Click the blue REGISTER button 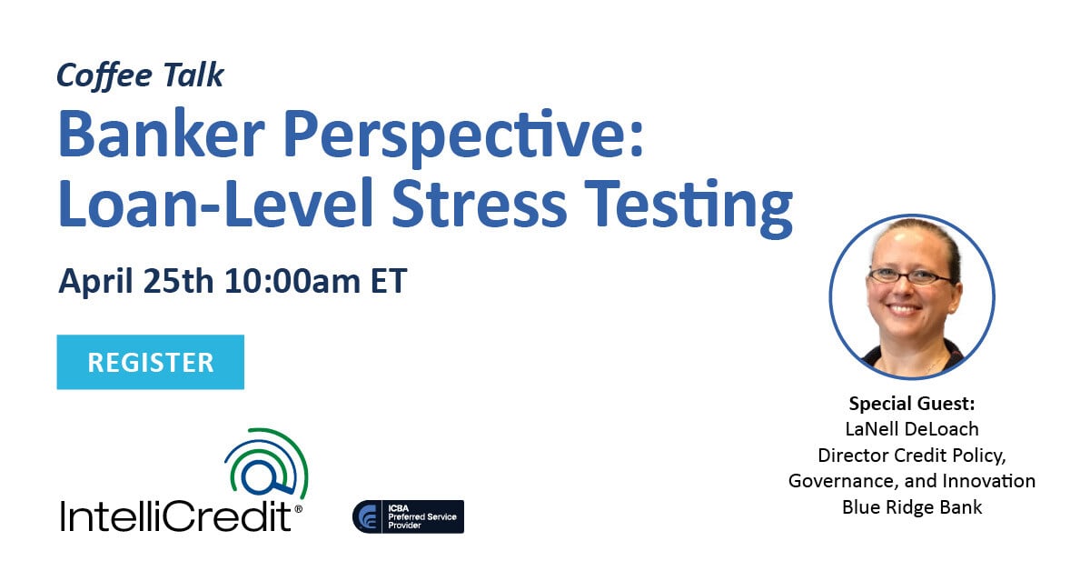coord(151,362)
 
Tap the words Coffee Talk coord(140,75)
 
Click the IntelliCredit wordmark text coord(176,516)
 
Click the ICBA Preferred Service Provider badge coord(408,516)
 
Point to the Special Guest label coord(911,403)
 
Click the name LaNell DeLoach coord(911,428)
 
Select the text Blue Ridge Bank coord(911,506)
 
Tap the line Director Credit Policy coord(911,454)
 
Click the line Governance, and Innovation coord(911,480)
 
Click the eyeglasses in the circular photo coord(909,275)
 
